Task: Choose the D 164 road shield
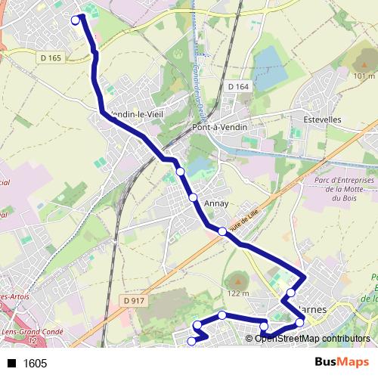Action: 237,87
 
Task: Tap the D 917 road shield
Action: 133,301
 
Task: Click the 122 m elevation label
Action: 238,293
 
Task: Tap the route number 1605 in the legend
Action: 35,364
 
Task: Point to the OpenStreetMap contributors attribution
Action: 312,338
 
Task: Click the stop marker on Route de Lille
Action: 222,232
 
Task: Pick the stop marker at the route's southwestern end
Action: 191,342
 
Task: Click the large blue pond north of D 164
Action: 270,66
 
